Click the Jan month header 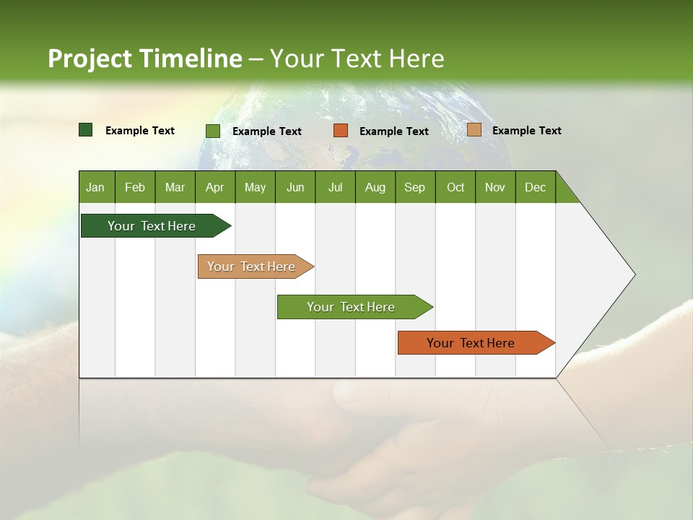click(x=95, y=187)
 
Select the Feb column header click(x=135, y=187)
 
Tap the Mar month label click(x=175, y=187)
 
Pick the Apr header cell click(x=215, y=187)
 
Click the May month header click(x=255, y=187)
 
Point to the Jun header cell click(x=295, y=187)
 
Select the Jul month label click(x=335, y=187)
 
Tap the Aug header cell click(x=375, y=187)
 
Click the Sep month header click(x=415, y=187)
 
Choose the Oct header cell click(x=456, y=187)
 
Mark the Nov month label click(x=495, y=187)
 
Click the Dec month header click(x=536, y=187)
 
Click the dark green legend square click(x=86, y=130)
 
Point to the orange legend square click(x=341, y=130)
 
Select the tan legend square click(x=474, y=130)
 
